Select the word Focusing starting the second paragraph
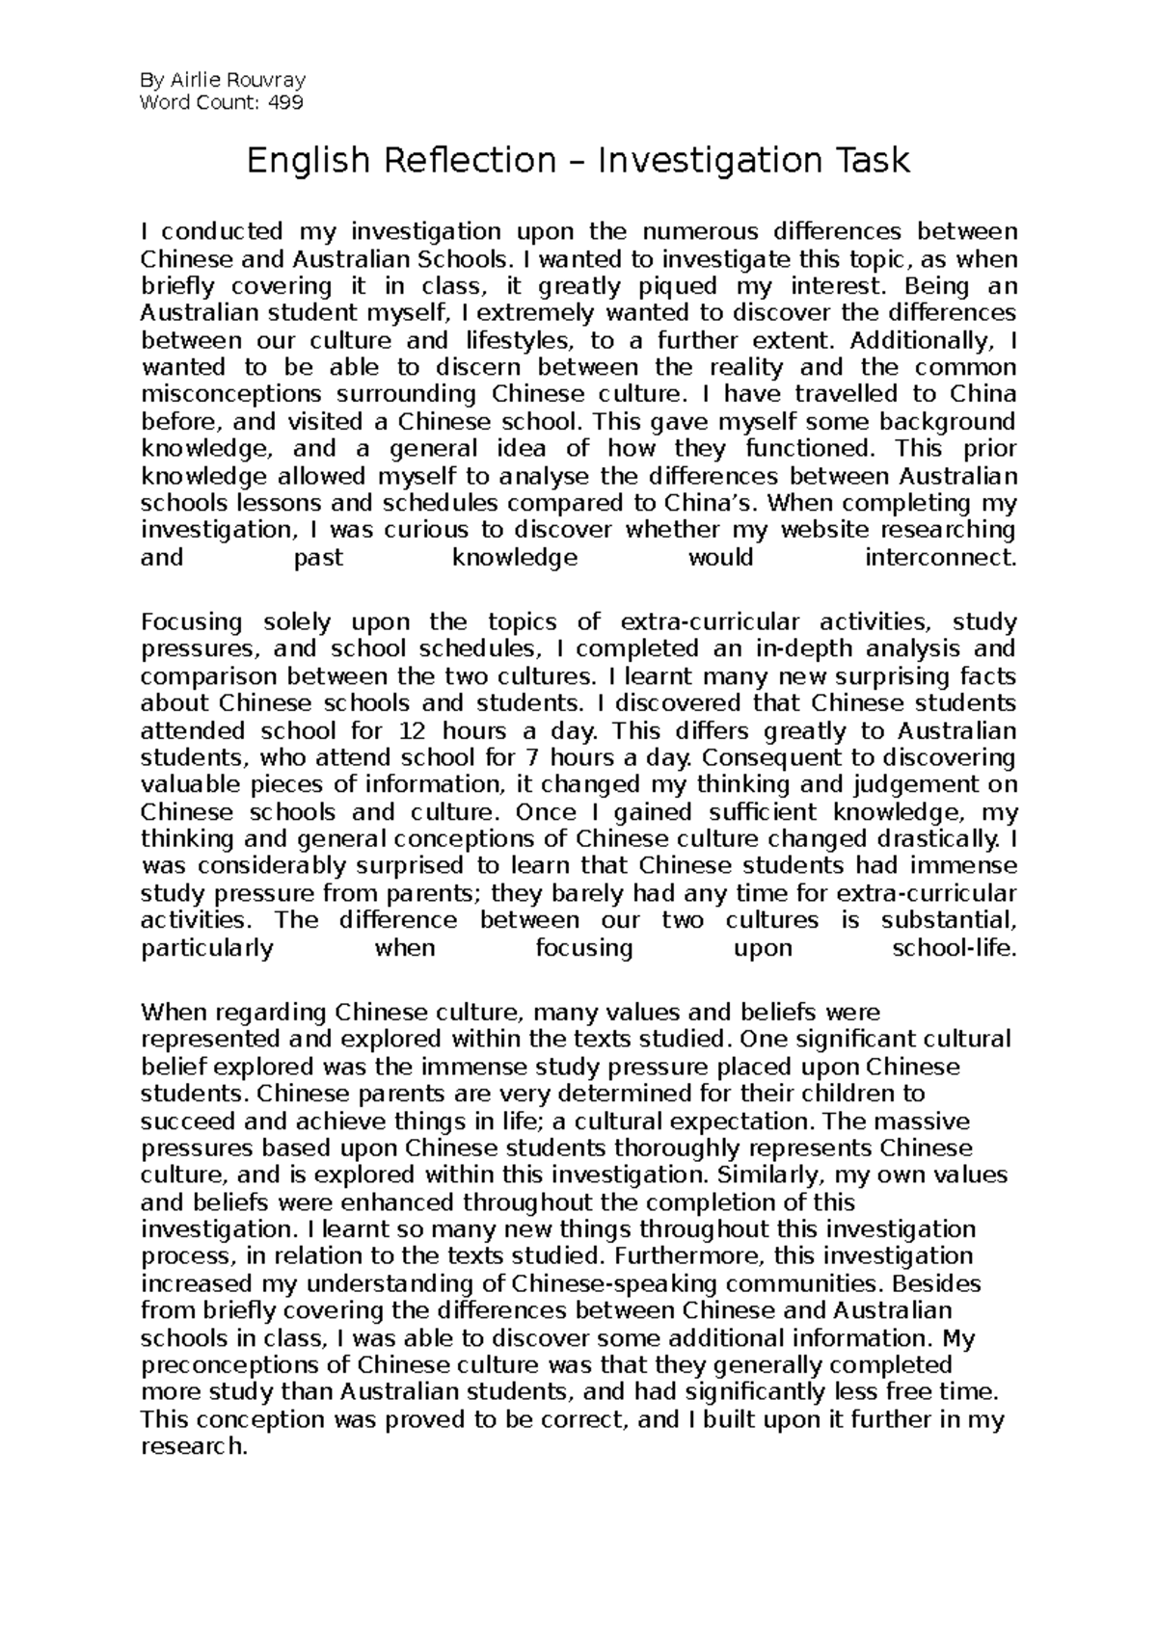[x=192, y=622]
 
